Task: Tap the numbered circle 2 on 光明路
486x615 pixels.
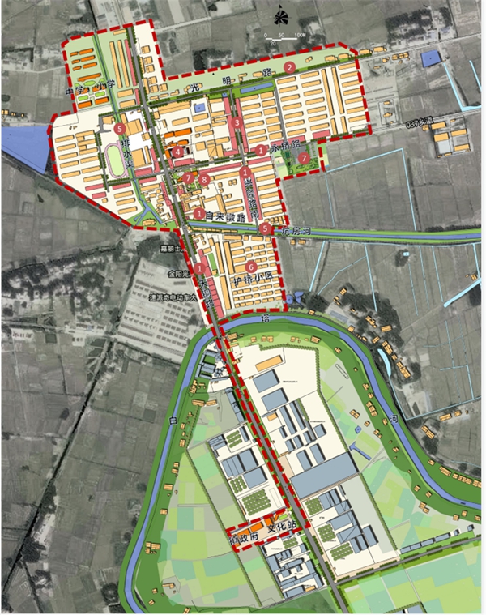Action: [289, 67]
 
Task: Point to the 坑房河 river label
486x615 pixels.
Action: [296, 230]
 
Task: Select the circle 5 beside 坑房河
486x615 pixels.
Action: [267, 229]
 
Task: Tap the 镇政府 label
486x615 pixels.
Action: [240, 537]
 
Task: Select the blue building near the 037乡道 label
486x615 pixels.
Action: [431, 58]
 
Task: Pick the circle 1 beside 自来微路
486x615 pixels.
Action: [199, 213]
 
